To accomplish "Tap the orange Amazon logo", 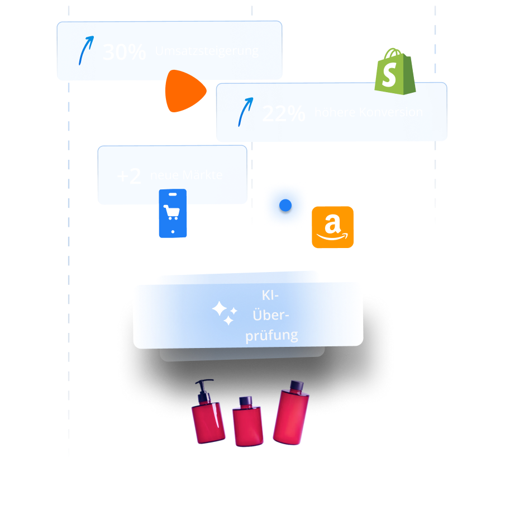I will coord(332,227).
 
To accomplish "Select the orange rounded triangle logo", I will coord(184,90).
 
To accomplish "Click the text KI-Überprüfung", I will coord(271,316).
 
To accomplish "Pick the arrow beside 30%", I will coord(84,51).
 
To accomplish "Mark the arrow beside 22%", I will coord(243,112).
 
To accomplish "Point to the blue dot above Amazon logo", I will coord(285,206).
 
